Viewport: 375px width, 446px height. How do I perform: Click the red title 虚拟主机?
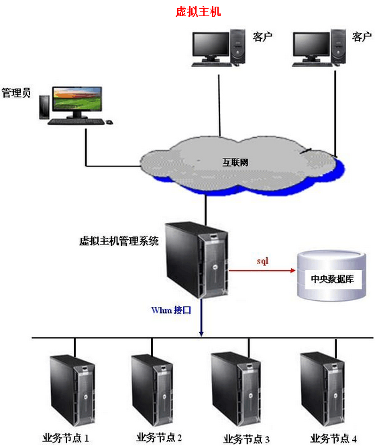[198, 11]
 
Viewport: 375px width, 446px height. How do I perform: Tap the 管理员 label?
[16, 93]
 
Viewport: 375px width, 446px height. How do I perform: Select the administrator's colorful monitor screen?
[77, 99]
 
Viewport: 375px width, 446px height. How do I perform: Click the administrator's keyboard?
[76, 122]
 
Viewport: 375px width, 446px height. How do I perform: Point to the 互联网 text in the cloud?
[235, 163]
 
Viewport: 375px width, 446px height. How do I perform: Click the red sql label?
[262, 261]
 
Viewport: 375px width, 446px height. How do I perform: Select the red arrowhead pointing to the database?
[293, 270]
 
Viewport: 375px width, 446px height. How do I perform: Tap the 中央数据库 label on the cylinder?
[332, 279]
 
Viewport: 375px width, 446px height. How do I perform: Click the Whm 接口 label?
[171, 310]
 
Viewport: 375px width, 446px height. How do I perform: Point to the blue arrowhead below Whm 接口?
[201, 332]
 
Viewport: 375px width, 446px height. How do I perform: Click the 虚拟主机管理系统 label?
[119, 241]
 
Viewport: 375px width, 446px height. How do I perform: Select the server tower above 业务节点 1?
[72, 390]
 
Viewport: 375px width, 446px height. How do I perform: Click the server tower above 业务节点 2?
[152, 390]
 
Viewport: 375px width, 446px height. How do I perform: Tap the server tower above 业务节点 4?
[323, 389]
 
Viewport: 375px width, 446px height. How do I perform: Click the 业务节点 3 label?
[246, 439]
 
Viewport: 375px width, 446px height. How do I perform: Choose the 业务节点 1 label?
[66, 438]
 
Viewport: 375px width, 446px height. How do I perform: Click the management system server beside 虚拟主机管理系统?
[197, 260]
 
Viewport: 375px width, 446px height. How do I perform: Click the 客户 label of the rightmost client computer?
[362, 37]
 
